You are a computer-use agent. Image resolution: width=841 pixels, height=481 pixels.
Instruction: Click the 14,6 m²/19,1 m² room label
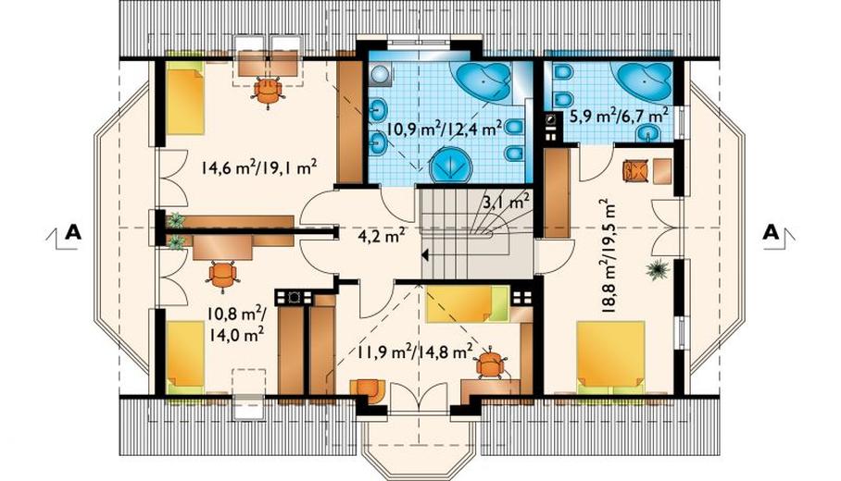click(258, 166)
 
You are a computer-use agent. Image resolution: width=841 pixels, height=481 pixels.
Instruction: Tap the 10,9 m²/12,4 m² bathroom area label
click(444, 128)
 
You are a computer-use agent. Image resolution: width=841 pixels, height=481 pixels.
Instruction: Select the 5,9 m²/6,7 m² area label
click(615, 115)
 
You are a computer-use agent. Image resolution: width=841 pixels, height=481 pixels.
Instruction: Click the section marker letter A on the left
click(73, 232)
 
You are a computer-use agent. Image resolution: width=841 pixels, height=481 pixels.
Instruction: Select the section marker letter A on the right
click(771, 232)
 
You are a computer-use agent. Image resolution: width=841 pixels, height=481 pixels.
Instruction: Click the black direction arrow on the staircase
click(425, 255)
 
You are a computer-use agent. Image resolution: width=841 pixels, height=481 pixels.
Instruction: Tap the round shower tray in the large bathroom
click(450, 166)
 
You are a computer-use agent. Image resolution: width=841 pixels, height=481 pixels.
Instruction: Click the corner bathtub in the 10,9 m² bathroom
click(481, 84)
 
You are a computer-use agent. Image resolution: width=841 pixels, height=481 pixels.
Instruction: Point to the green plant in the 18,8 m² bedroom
click(656, 269)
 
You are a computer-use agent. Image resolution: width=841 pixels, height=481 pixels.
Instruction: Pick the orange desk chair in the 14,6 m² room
click(267, 92)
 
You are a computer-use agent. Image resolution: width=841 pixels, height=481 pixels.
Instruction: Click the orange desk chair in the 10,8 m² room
click(223, 276)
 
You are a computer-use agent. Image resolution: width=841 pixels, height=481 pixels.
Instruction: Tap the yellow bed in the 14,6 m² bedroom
click(185, 97)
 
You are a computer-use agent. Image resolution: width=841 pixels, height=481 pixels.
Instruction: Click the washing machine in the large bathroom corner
click(380, 74)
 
